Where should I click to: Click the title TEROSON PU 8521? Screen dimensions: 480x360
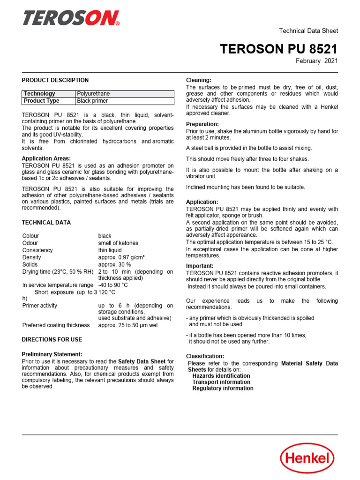[x=279, y=49]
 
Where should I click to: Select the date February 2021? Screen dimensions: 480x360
[x=316, y=61]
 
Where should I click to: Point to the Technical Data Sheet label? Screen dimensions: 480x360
[x=308, y=31]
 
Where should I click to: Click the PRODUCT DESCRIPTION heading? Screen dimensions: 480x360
[x=55, y=80]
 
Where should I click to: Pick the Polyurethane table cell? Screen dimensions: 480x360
[x=94, y=94]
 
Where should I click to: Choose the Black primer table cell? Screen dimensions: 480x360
[x=92, y=101]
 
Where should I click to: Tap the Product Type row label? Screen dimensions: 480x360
[x=42, y=101]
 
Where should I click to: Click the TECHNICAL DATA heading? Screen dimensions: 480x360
[x=46, y=223]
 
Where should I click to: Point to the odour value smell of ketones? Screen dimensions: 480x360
[x=118, y=243]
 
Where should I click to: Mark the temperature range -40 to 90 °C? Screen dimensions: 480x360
[x=113, y=285]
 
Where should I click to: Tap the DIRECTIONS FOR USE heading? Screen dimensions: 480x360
[x=52, y=339]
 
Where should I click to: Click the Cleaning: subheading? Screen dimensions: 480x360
[x=199, y=81]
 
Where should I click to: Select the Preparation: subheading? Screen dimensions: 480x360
[x=202, y=124]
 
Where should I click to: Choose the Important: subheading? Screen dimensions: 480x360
[x=200, y=266]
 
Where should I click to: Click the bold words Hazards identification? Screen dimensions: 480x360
[x=221, y=376]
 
